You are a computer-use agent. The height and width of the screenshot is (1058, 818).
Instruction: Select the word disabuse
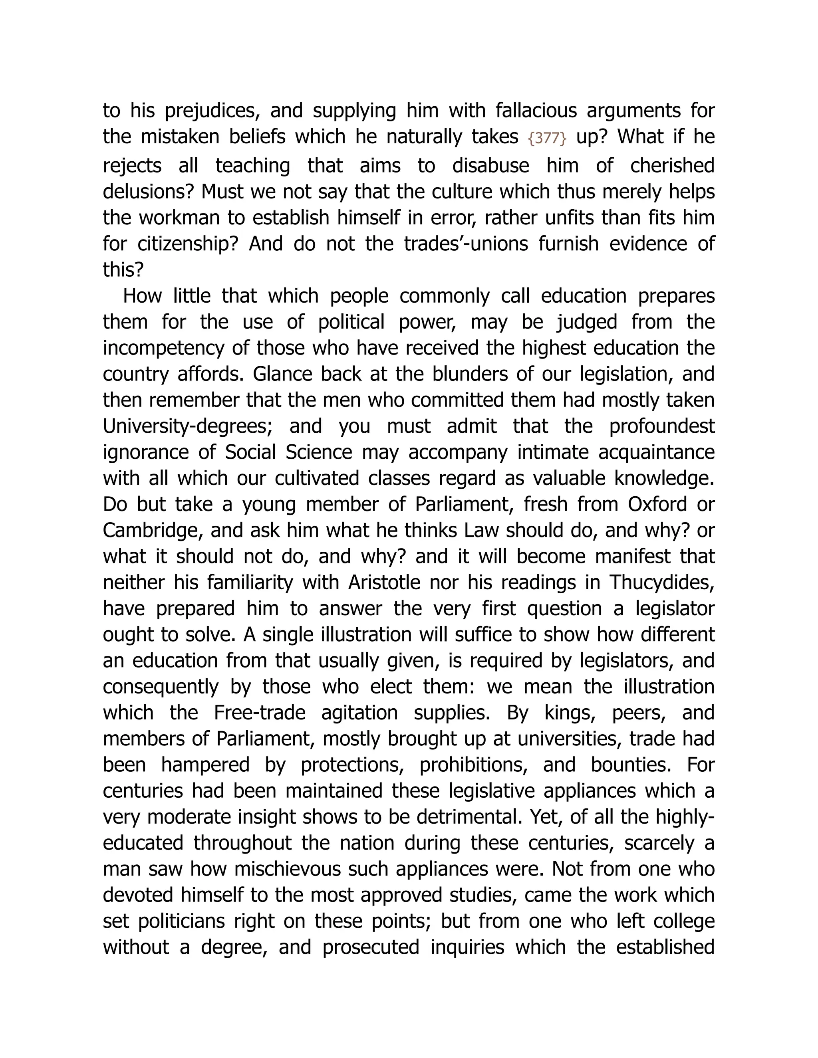[x=490, y=166]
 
